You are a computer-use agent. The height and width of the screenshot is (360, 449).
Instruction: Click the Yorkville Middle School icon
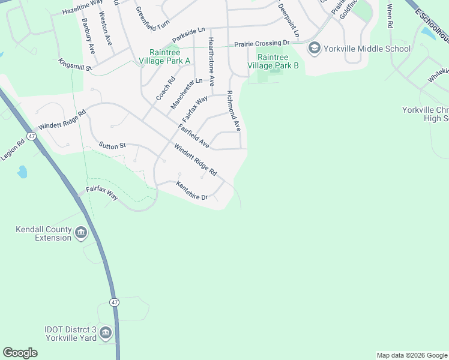point(313,48)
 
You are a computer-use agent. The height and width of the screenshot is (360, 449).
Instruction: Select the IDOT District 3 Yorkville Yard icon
point(106,332)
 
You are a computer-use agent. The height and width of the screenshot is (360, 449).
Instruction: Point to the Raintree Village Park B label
point(278,61)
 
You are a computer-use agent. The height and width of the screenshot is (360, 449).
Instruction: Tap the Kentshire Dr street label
point(191,191)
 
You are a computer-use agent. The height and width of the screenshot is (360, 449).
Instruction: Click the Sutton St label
point(112,145)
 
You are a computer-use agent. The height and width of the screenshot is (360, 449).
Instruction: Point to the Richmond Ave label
point(234,111)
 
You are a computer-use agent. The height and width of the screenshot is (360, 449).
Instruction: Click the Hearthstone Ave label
point(211,62)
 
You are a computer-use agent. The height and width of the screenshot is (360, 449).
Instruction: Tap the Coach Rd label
point(164,89)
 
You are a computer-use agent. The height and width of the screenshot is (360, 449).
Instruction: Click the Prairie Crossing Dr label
point(262,43)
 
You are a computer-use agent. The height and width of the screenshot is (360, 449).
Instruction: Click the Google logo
point(20,353)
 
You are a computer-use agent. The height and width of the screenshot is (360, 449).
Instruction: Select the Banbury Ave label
point(89,37)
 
